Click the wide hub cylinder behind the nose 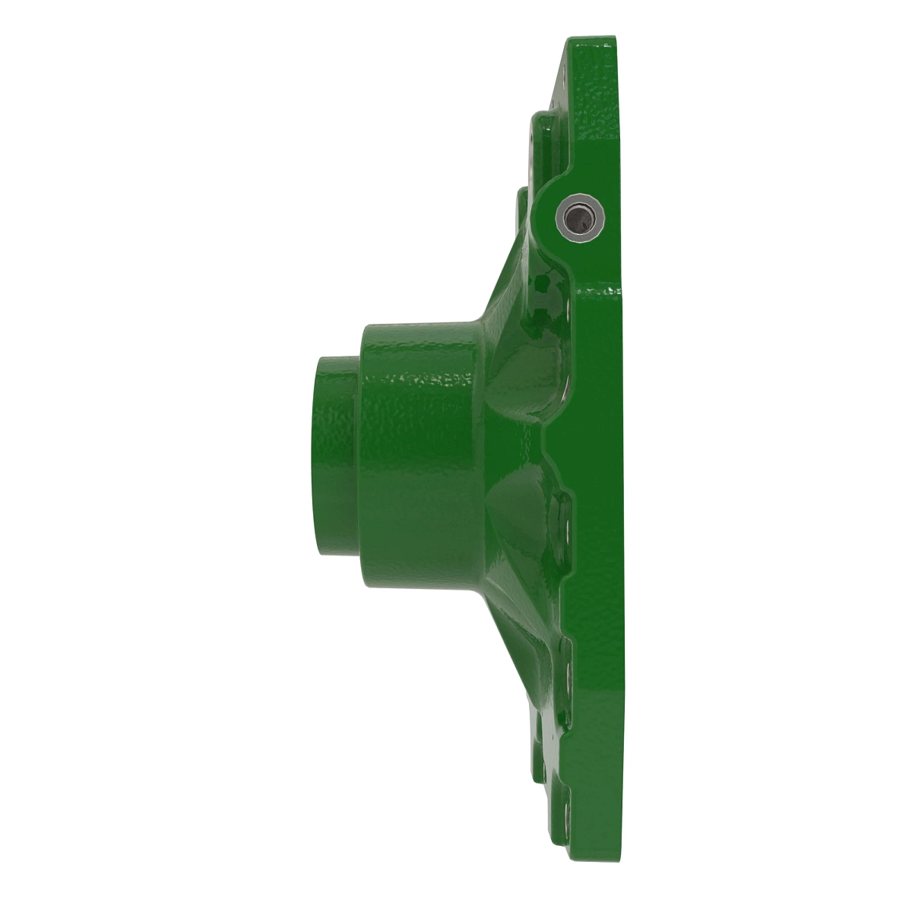click(x=418, y=456)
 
